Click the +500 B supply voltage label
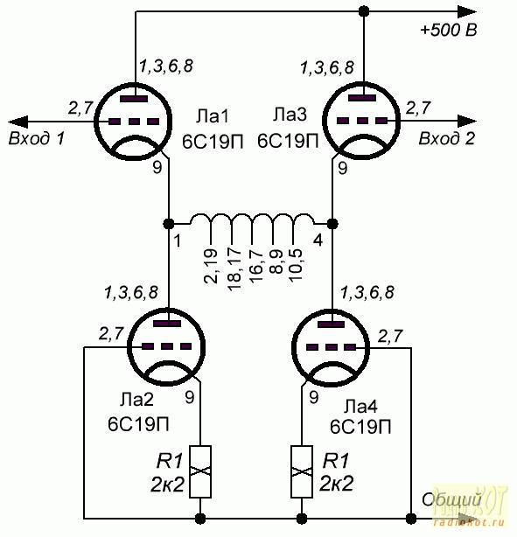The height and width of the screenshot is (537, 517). (449, 30)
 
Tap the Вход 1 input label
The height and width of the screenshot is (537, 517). (37, 138)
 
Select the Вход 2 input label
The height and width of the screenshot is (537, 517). (447, 138)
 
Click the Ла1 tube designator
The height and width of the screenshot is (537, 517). (213, 116)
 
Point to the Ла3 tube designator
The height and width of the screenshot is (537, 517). (290, 115)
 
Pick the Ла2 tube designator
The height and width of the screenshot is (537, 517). (136, 400)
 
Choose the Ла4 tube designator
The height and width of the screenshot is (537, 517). (360, 407)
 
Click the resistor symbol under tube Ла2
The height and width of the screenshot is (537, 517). (200, 471)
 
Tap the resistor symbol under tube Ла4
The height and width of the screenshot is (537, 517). (302, 471)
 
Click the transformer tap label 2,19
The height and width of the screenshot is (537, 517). (211, 266)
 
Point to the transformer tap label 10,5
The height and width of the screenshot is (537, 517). (296, 265)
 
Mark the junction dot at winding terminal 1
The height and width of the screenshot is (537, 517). (168, 224)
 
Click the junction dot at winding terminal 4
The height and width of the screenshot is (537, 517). (332, 224)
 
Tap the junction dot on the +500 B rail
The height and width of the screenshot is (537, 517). (363, 11)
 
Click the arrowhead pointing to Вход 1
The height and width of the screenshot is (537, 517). (17, 122)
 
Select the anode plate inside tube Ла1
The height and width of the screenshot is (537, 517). (134, 99)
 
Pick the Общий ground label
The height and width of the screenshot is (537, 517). (451, 499)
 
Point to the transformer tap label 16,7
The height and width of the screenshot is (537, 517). (256, 265)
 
